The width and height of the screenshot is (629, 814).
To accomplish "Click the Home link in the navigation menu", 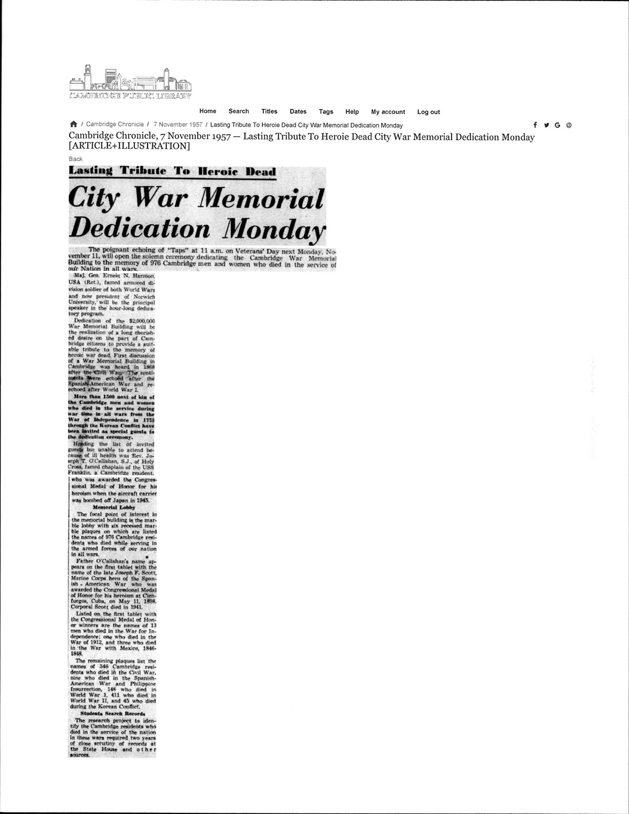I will pyautogui.click(x=208, y=111).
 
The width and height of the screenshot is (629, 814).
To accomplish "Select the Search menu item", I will pyautogui.click(x=239, y=111).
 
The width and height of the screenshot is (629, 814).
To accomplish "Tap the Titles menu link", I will pyautogui.click(x=269, y=111).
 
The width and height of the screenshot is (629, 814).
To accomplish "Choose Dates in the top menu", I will pyautogui.click(x=298, y=112).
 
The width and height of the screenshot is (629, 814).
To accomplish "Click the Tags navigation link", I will pyautogui.click(x=326, y=112).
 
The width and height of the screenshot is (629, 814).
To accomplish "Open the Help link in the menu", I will pyautogui.click(x=352, y=112).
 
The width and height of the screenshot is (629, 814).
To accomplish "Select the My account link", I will pyautogui.click(x=388, y=112).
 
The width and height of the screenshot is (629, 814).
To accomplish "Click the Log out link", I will pyautogui.click(x=429, y=112).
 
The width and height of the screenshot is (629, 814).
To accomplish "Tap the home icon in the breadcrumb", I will pyautogui.click(x=74, y=124).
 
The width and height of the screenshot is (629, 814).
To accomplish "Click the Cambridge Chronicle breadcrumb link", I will pyautogui.click(x=115, y=124).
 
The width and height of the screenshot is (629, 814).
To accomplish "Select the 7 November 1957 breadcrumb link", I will pyautogui.click(x=178, y=124).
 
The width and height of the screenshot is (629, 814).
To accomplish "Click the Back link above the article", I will pyautogui.click(x=75, y=158).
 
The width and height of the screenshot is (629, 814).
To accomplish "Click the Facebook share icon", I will pyautogui.click(x=535, y=125).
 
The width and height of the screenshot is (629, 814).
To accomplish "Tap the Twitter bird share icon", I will pyautogui.click(x=546, y=125).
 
